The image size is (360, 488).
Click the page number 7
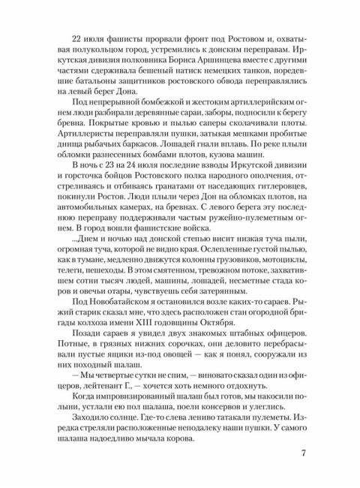point(301,453)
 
